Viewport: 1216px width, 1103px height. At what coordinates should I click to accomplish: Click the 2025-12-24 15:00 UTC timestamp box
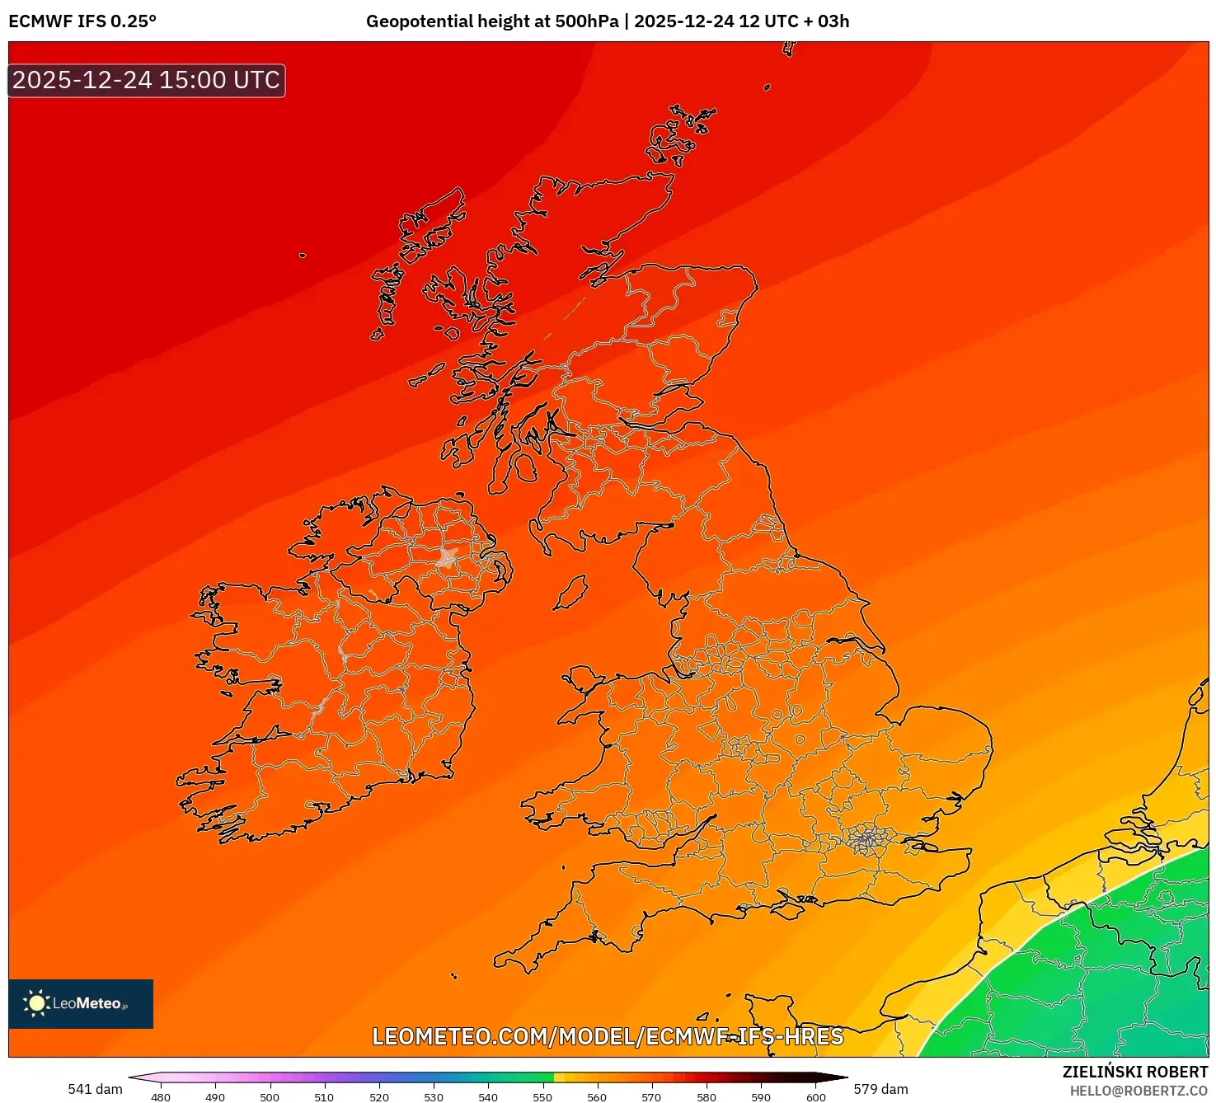pyautogui.click(x=146, y=81)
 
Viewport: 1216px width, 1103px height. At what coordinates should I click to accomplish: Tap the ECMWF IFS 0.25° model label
pyautogui.click(x=82, y=21)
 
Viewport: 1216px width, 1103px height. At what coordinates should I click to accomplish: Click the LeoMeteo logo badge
pyautogui.click(x=81, y=1003)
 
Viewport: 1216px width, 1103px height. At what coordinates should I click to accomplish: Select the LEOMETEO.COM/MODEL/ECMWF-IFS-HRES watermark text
pyautogui.click(x=608, y=1036)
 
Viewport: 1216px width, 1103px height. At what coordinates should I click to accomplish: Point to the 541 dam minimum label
pyautogui.click(x=95, y=1089)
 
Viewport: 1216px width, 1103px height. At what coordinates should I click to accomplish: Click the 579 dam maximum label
pyautogui.click(x=880, y=1089)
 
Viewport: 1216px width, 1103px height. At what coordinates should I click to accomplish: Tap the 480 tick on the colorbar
pyautogui.click(x=161, y=1096)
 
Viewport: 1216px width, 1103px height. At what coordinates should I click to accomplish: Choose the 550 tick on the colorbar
pyautogui.click(x=542, y=1096)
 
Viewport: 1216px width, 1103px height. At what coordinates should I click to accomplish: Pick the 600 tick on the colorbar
pyautogui.click(x=815, y=1096)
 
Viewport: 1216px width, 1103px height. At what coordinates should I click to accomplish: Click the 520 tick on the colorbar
pyautogui.click(x=379, y=1096)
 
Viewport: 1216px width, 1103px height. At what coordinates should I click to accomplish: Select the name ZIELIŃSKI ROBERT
pyautogui.click(x=1134, y=1072)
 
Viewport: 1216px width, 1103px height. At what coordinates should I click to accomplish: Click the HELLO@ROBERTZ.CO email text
pyautogui.click(x=1139, y=1091)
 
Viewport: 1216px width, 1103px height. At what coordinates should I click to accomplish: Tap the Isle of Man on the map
pyautogui.click(x=570, y=593)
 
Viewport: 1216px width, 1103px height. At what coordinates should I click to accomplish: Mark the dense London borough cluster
pyautogui.click(x=866, y=840)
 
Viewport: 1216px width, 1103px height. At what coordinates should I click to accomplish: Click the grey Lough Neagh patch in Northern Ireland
pyautogui.click(x=448, y=557)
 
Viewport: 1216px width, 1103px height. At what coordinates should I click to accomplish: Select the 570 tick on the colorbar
pyautogui.click(x=651, y=1096)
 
